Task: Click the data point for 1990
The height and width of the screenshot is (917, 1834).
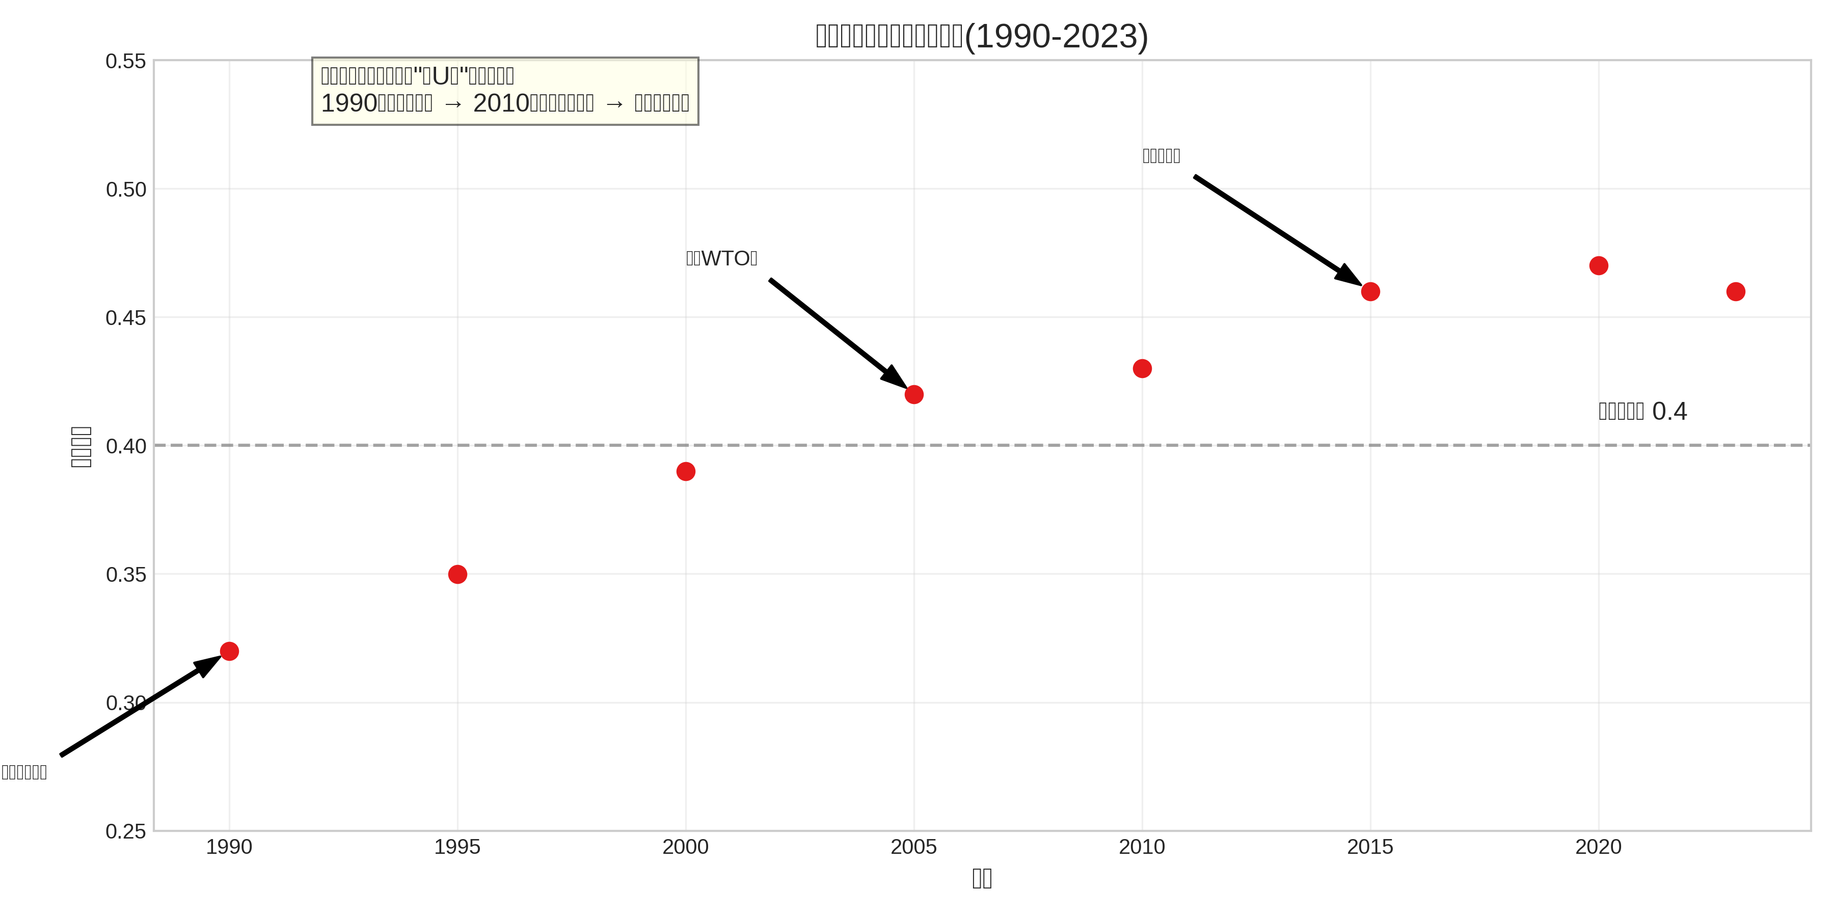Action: coord(229,651)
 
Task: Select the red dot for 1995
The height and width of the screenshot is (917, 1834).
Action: coord(458,574)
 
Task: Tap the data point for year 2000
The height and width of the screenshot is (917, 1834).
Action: coord(686,471)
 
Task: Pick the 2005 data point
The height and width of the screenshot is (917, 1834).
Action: coord(914,394)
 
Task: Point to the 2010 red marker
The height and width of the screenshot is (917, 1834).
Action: coord(1142,368)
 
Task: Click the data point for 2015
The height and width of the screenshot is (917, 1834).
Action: coord(1370,291)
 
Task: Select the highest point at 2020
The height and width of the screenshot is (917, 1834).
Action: coord(1598,265)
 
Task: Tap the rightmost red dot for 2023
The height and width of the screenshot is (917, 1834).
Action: coord(1736,291)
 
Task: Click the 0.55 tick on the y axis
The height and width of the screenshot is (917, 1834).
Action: coord(126,61)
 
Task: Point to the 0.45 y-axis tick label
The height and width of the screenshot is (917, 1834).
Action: coord(126,317)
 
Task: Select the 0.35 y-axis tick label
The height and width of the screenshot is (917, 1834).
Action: coord(126,575)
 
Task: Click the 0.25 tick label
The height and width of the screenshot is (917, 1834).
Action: coord(126,831)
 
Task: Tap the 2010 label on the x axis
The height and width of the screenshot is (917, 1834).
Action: coord(1142,847)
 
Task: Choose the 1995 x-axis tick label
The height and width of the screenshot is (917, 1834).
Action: coord(458,847)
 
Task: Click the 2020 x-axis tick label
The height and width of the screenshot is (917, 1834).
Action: coord(1598,847)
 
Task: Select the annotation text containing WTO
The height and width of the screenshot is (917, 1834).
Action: coord(721,258)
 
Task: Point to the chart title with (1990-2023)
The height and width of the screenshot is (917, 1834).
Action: coord(982,36)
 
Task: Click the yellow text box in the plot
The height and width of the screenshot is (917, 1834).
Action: coord(505,91)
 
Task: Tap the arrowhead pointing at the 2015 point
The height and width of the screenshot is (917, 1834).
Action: coord(1348,276)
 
